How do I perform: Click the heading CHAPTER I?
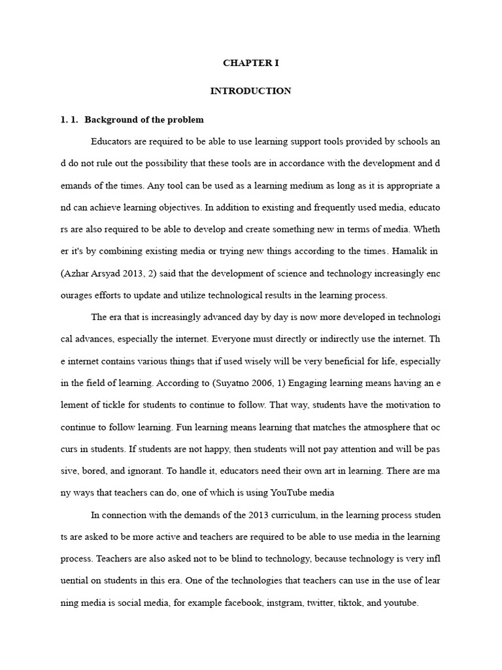click(250, 63)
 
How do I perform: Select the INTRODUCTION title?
click(250, 91)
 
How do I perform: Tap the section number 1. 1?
click(69, 120)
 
